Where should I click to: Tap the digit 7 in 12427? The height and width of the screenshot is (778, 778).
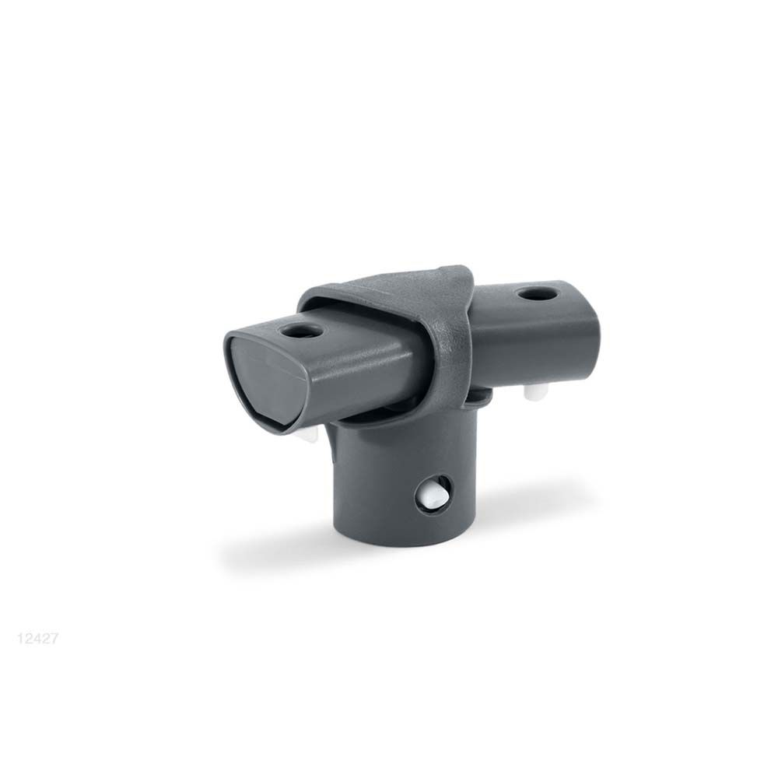coord(56,640)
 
